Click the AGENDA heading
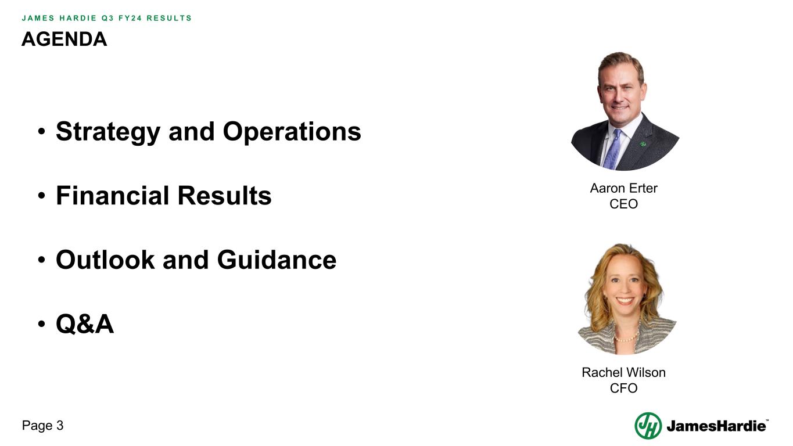pos(64,39)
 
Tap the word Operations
pos(292,132)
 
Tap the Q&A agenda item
pos(85,324)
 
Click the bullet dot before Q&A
pos(42,325)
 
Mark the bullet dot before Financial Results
pos(42,197)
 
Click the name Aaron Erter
pos(623,188)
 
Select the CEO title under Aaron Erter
pos(623,204)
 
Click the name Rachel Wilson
pos(623,372)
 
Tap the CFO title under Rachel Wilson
pos(623,388)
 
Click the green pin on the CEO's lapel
pos(643,143)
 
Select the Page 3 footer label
pos(42,426)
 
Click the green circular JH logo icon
pos(648,426)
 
